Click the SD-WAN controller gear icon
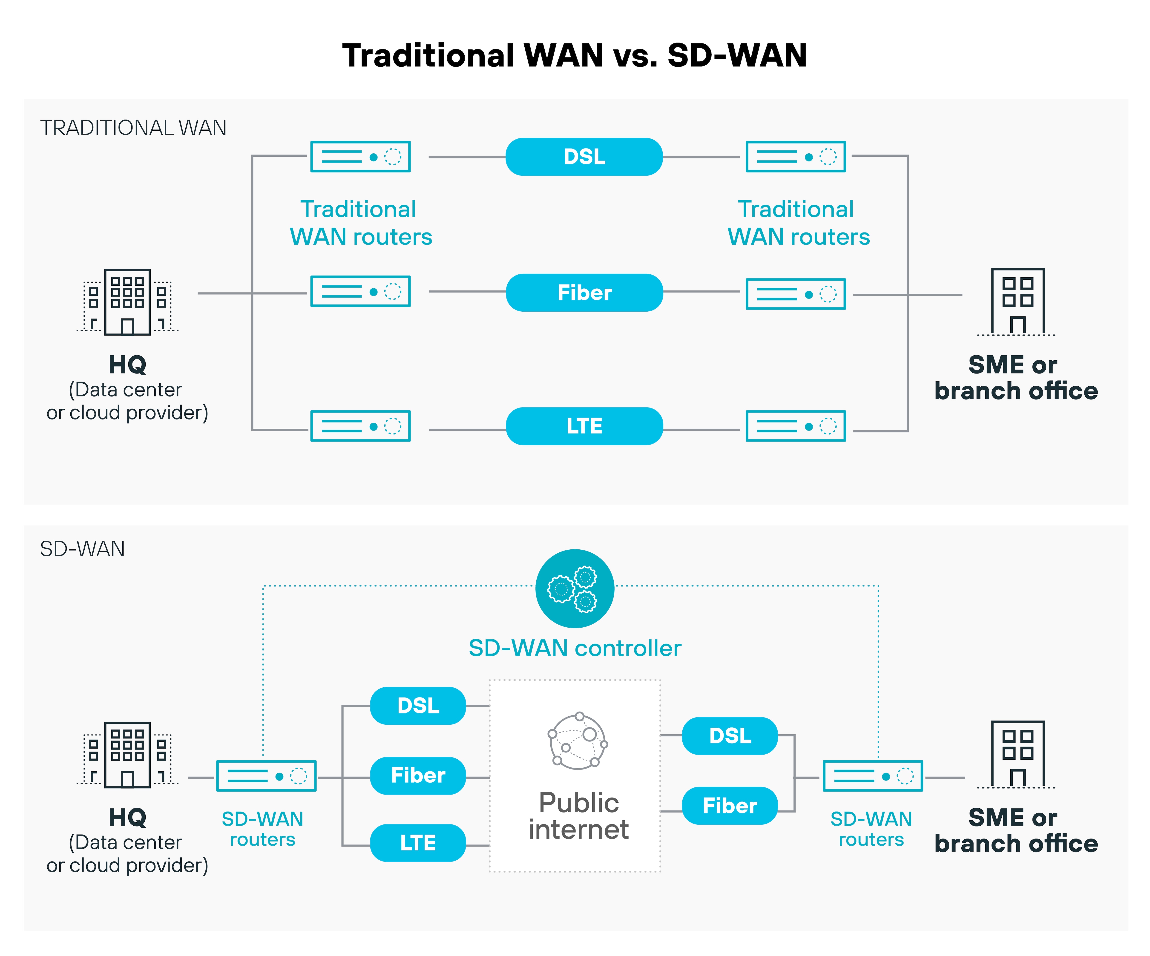[575, 589]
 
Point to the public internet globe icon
[578, 741]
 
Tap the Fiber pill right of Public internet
[729, 805]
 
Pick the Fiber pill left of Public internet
[418, 775]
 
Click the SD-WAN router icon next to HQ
[266, 776]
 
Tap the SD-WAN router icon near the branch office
[872, 776]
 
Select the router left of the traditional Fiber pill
[360, 291]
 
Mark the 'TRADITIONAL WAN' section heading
[133, 128]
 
